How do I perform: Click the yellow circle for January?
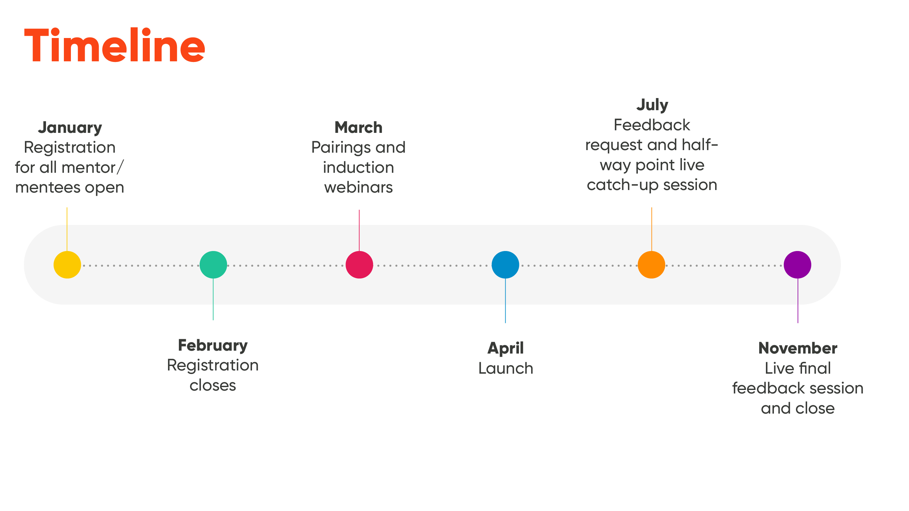click(x=67, y=265)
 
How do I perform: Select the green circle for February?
click(x=213, y=265)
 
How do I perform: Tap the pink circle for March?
click(x=359, y=265)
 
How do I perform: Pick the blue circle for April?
click(x=505, y=265)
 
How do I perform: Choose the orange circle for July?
click(x=651, y=265)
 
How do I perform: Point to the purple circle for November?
click(x=798, y=265)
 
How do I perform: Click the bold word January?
click(x=70, y=128)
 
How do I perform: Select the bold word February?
click(x=213, y=346)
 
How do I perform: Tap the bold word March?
click(x=358, y=127)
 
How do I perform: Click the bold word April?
click(x=506, y=349)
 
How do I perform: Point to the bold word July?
click(x=652, y=105)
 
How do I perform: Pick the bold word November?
click(x=798, y=348)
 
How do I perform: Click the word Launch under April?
click(x=506, y=369)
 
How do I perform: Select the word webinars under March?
click(x=358, y=187)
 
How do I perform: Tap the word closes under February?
click(x=213, y=385)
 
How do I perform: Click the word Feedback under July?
click(x=652, y=125)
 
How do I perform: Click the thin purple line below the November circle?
click(x=798, y=301)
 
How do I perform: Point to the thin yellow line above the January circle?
click(x=67, y=229)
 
